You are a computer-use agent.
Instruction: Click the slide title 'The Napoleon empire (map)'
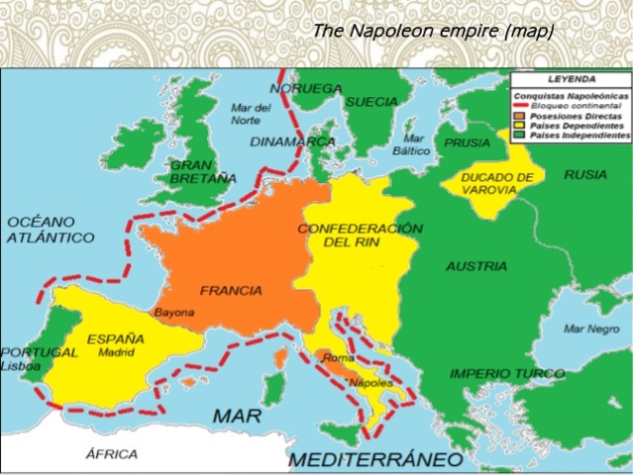coord(432,32)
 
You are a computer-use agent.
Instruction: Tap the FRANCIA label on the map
coord(231,291)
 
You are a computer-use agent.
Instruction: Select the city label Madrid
coord(116,351)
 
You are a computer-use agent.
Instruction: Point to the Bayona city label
coord(174,313)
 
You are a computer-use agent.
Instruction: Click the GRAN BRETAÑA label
coord(203,171)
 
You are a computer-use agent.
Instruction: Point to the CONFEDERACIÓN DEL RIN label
coord(361,235)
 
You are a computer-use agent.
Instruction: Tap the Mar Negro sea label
coord(590,329)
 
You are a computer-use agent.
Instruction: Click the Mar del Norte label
coord(251,114)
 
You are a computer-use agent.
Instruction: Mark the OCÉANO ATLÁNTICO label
coord(51,230)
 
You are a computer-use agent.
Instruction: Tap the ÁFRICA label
coord(110,454)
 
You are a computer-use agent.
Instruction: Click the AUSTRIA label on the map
coord(476,266)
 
